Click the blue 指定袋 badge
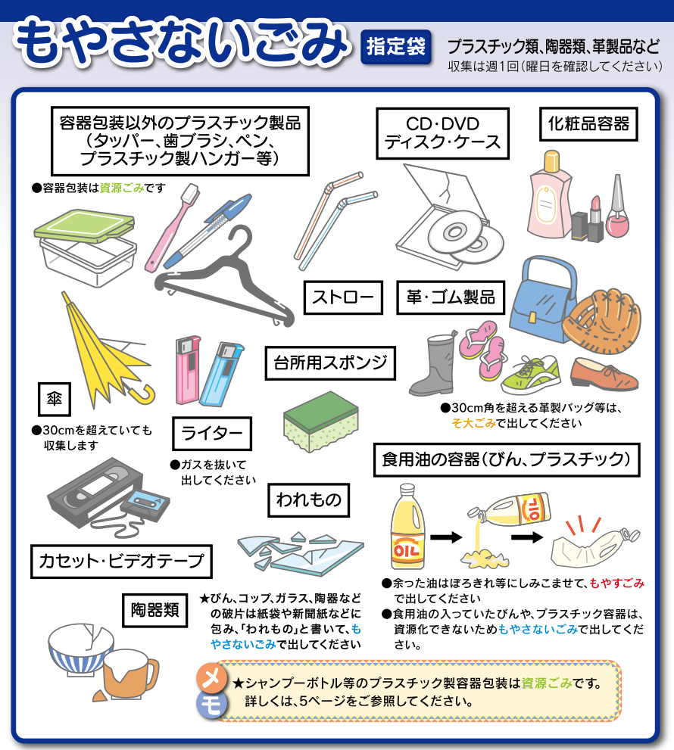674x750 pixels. coord(396,47)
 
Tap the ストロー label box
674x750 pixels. coord(343,297)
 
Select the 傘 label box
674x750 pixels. coord(54,399)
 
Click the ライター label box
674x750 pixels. coord(211,434)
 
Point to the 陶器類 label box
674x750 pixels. coord(154,610)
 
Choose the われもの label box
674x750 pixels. coord(309,499)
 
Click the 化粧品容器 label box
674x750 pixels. coord(588,124)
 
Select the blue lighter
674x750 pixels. coord(221,375)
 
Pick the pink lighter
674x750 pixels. coord(188,369)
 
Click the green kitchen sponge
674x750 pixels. coord(321,421)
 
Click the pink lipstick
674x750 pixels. coord(595,218)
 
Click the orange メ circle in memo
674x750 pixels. coord(211,678)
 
